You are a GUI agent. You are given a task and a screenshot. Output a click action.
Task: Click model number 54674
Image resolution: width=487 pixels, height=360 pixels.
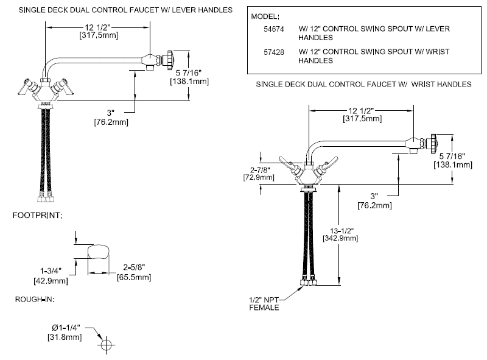click(x=268, y=29)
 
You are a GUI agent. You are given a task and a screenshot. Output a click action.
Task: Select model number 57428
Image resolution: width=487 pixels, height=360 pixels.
click(x=268, y=52)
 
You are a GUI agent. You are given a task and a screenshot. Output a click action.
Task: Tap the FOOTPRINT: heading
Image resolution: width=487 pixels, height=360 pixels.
click(x=37, y=216)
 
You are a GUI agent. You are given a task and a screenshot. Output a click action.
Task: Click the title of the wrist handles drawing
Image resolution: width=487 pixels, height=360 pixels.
click(x=363, y=83)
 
